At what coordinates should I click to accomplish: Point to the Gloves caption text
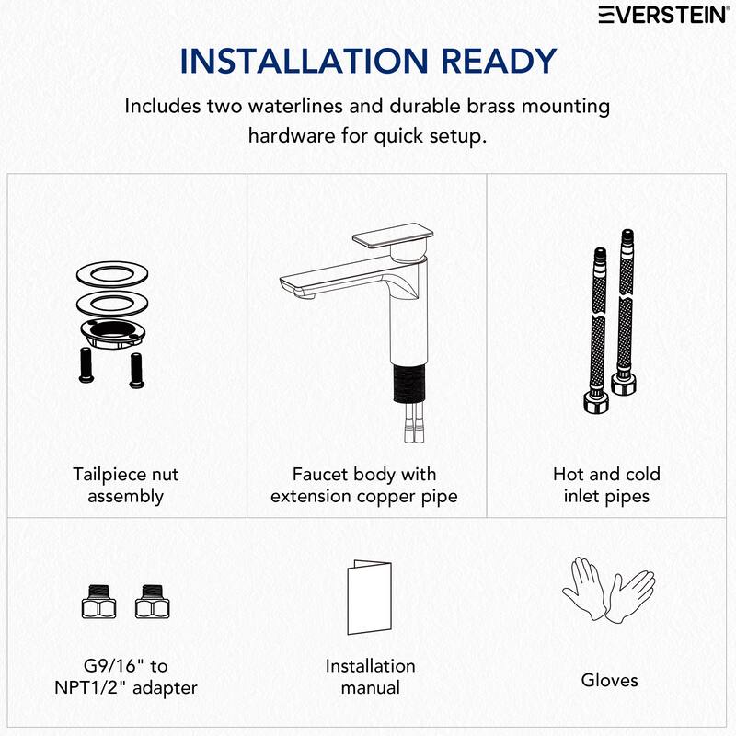(x=609, y=681)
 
